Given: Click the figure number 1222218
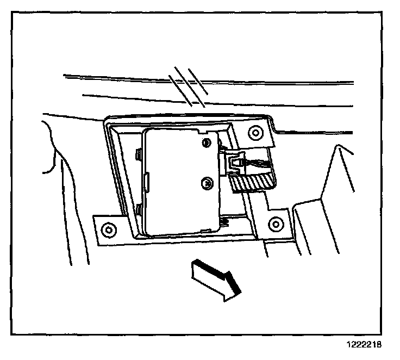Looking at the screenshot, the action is pyautogui.click(x=364, y=345).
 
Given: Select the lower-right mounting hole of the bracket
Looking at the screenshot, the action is pyautogui.click(x=276, y=223).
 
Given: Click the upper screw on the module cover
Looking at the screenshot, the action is pyautogui.click(x=205, y=142).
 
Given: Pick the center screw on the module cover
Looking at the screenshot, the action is pyautogui.click(x=206, y=183).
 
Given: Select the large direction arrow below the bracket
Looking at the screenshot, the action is pyautogui.click(x=214, y=278).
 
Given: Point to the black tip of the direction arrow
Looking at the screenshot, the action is pyautogui.click(x=233, y=286).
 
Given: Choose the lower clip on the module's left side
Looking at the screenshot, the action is pyautogui.click(x=140, y=209).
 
